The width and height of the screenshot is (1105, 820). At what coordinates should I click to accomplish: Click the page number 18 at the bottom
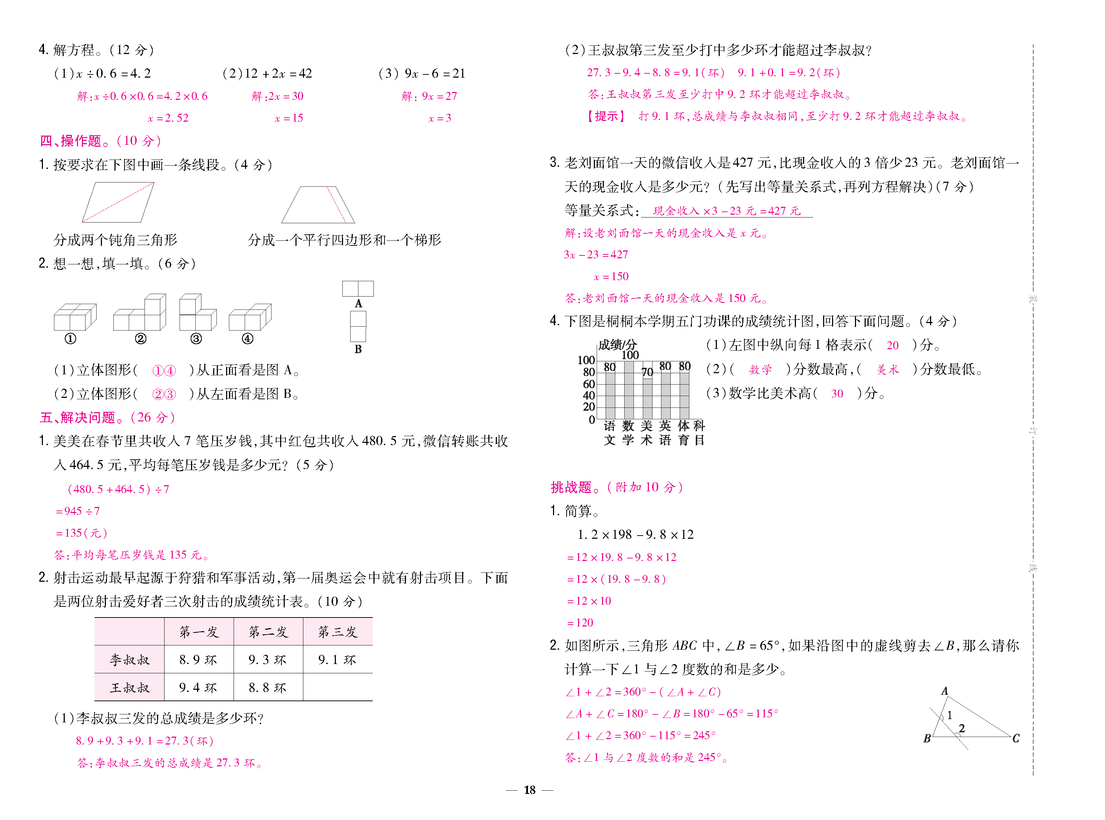point(529,790)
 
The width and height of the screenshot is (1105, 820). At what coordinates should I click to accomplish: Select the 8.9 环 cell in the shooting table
point(198,660)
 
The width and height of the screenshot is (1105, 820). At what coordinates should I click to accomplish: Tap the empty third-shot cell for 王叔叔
point(337,688)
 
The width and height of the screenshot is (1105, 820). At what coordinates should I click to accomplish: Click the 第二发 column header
point(268,632)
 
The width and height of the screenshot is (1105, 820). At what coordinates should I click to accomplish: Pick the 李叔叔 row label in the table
point(129,660)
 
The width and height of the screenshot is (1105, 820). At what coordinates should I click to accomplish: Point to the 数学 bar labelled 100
point(629,390)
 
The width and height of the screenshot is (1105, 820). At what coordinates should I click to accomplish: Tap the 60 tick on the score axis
point(588,384)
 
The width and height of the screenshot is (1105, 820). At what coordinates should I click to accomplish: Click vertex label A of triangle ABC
point(944,691)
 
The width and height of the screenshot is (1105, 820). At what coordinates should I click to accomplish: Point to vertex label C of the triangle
point(1016,738)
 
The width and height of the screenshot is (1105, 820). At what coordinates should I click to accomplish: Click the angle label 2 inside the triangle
point(962,728)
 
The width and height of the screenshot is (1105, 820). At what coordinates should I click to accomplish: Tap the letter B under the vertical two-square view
point(358,350)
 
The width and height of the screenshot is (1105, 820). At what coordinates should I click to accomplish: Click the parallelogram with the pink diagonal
point(118,202)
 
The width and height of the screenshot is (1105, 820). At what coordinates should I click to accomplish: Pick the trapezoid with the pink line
point(318,205)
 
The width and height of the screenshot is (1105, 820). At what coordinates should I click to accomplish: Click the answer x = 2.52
point(168,118)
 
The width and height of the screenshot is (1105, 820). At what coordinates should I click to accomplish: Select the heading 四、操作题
point(70,141)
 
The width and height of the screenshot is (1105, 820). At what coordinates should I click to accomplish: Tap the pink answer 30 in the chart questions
point(837,394)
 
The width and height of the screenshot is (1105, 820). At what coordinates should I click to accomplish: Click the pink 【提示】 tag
point(606,116)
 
